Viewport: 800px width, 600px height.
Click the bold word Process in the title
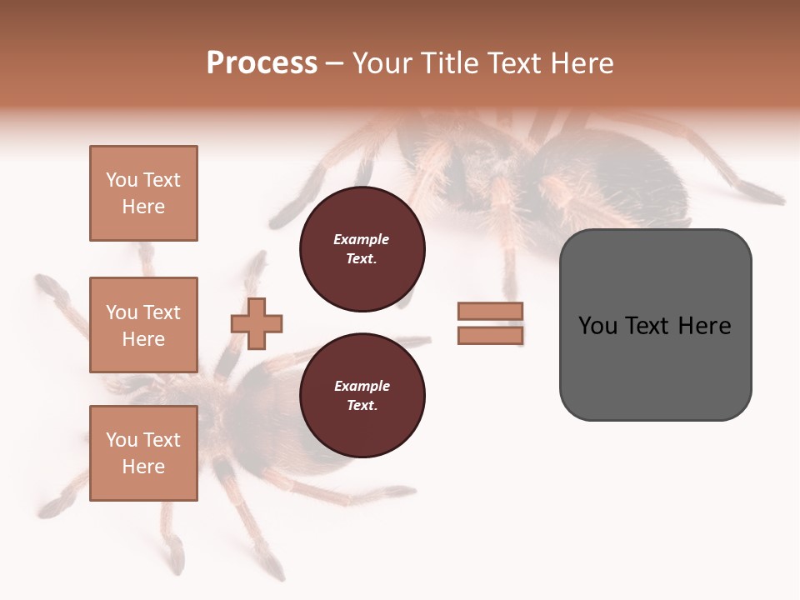click(x=262, y=63)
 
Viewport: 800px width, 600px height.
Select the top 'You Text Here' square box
click(x=143, y=193)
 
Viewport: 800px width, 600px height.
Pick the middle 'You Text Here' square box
click(x=143, y=325)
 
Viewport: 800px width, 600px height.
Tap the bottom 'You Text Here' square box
click(x=143, y=453)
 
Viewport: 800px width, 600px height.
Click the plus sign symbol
click(x=257, y=323)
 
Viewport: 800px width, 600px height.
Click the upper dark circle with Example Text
click(x=362, y=249)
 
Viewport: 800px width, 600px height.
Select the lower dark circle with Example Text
click(x=362, y=396)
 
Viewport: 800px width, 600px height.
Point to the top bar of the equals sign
click(x=491, y=312)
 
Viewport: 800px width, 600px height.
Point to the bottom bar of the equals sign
click(x=491, y=335)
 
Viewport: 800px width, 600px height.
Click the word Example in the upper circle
click(x=361, y=239)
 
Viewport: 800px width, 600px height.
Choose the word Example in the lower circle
click(x=361, y=386)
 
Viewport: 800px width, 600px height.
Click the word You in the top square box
click(x=122, y=180)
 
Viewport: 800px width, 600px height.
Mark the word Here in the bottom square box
click(x=143, y=467)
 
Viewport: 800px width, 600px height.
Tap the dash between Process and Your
click(x=334, y=63)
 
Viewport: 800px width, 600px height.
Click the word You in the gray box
click(x=598, y=326)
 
